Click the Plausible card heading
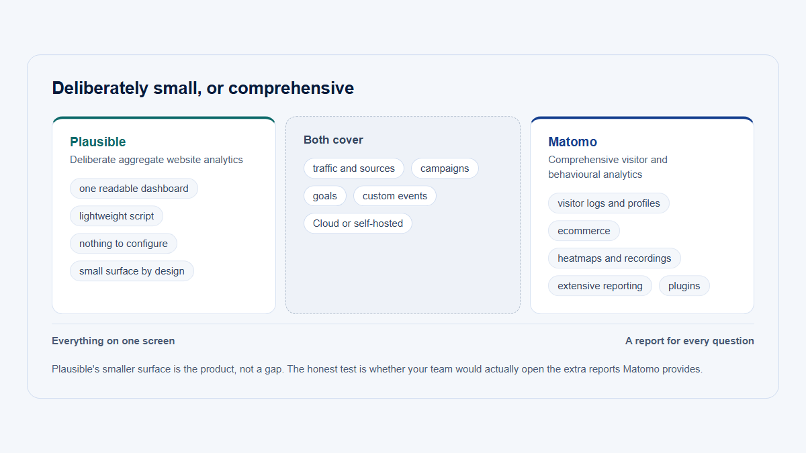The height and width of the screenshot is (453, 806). coord(97,142)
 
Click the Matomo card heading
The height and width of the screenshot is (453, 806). coord(572,142)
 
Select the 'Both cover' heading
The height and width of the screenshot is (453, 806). coord(333,140)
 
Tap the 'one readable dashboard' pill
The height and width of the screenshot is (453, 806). coord(134,189)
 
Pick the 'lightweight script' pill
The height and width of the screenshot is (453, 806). coord(116,216)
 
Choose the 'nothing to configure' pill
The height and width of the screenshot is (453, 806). coord(124,244)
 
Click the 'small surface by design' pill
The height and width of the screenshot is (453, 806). coord(132,271)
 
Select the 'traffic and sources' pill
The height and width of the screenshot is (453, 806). coord(354,168)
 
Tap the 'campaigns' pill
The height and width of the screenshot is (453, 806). coord(445,168)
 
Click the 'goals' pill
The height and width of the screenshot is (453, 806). coord(325,196)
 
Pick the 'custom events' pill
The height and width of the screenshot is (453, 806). coord(395,196)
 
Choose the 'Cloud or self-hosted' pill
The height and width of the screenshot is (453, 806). coord(357,223)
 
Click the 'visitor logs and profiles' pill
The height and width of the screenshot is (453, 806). coord(609,203)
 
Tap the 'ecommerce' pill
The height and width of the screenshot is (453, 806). coord(584,231)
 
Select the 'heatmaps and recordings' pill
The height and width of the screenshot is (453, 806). coord(615,258)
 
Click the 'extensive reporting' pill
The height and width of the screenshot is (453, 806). coord(600,286)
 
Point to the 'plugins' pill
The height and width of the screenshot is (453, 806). coord(684,286)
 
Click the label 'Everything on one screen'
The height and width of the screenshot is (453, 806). coord(114,341)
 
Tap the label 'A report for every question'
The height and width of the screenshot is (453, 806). coord(689,341)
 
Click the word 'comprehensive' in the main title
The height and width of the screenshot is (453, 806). coord(291,89)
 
